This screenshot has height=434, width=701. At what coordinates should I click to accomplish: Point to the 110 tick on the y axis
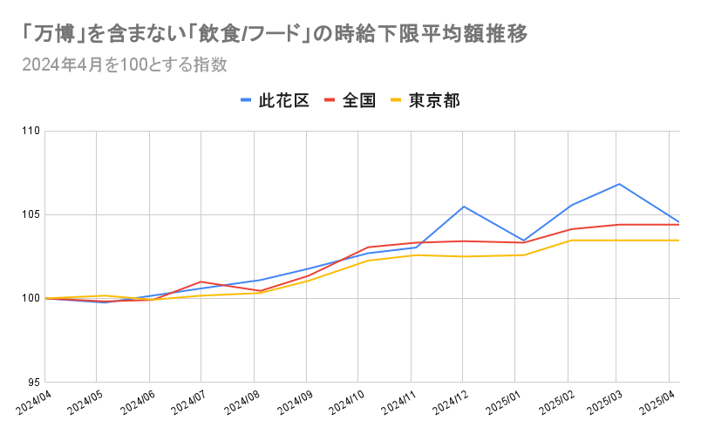click(32, 132)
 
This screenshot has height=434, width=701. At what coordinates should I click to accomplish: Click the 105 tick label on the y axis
click(32, 215)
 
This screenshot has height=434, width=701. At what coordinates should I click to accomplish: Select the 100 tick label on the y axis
click(32, 299)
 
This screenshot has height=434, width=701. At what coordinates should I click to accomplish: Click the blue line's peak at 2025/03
click(619, 184)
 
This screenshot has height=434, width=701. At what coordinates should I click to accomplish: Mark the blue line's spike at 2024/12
click(463, 207)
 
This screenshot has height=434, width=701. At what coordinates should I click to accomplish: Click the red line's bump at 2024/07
click(201, 281)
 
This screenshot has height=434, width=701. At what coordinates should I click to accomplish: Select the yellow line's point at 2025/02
click(568, 241)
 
